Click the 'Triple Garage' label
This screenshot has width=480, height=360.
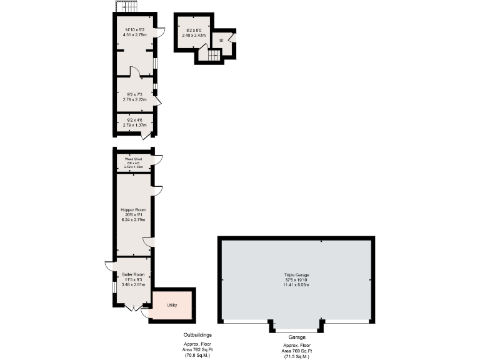[x=296, y=274]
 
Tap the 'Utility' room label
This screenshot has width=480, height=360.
[x=172, y=305]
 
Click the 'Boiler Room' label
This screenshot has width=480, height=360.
[x=132, y=274]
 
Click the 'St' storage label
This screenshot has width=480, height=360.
[x=221, y=41]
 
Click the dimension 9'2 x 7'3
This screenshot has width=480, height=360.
[x=134, y=94]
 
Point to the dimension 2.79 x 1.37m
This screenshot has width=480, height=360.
[x=134, y=125]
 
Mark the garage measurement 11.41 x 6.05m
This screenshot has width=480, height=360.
[x=296, y=284]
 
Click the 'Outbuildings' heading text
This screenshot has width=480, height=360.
[x=197, y=335]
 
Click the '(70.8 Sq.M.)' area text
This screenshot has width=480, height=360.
[x=197, y=356]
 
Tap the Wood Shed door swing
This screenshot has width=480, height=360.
[x=157, y=159]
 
